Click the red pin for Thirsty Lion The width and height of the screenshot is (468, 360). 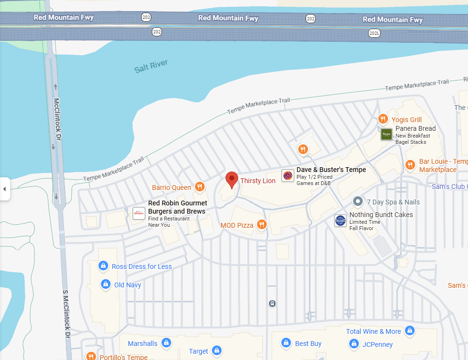coord(232,180)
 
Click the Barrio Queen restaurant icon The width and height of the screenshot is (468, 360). coord(199,187)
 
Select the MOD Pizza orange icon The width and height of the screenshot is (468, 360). coord(261,224)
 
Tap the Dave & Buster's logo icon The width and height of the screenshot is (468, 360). coord(288,175)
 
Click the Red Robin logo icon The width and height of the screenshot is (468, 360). coord(139,213)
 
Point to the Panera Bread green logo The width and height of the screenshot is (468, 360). coord(386,134)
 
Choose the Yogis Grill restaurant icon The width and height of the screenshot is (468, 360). coord(383,119)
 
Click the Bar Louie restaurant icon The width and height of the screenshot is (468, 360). coord(410,165)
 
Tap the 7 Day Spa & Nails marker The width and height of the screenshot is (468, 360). coord(358,201)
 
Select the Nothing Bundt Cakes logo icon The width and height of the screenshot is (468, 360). coord(340,220)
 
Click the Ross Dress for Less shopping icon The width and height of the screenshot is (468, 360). coord(103,266)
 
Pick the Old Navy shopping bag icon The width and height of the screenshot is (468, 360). coord(105,284)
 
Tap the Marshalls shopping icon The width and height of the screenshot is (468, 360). coord(166,343)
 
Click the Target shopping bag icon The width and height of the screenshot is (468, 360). coord(216,350)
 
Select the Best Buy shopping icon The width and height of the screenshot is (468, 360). coord(286,343)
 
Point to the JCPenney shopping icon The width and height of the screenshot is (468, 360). coord(354,344)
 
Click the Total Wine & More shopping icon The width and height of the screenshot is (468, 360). coord(410,330)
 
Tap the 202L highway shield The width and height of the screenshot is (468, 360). coord(374,33)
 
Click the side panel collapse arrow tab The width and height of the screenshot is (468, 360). coord(5,188)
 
